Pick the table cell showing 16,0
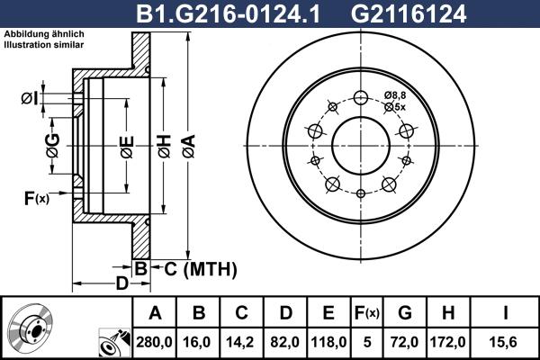(199, 341)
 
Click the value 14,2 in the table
(242, 341)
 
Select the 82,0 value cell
(285, 341)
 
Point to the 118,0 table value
(328, 341)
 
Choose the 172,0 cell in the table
(447, 341)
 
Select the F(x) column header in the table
(366, 313)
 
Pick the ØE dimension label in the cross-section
(127, 144)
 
